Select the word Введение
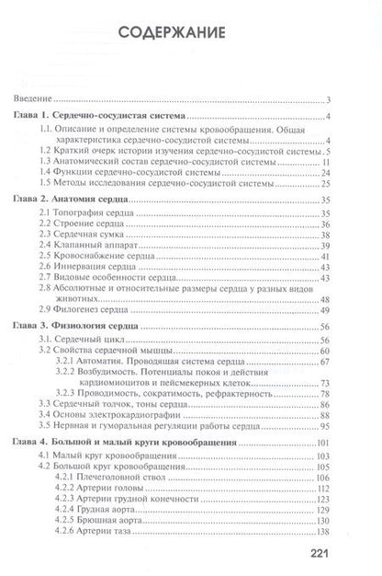point(31,99)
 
